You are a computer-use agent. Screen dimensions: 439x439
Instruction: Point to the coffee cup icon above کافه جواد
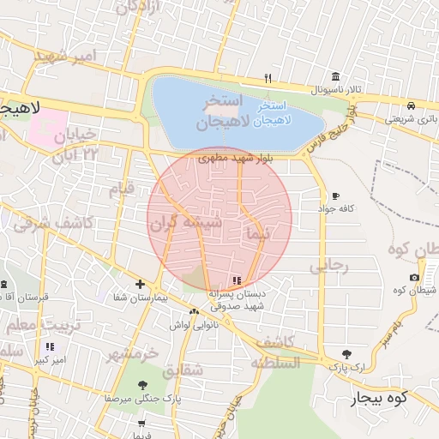point(334,195)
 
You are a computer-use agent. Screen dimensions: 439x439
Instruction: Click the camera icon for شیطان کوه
point(415,277)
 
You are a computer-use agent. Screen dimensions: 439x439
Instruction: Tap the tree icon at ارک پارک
point(346,353)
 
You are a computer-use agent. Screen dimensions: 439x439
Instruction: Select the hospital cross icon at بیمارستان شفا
point(141,284)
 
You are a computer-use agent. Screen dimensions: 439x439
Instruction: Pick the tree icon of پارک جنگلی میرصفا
point(141,385)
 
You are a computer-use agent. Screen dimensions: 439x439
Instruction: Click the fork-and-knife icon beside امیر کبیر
point(50,346)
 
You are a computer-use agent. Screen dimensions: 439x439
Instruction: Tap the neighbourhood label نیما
point(257,232)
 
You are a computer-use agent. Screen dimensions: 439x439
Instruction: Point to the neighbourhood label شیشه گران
point(186,225)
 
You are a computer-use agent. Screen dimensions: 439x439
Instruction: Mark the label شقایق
point(182,369)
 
